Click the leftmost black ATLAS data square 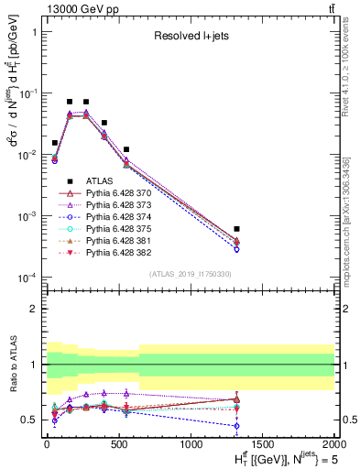(x=55, y=143)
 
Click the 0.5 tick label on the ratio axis (x=29, y=420)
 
